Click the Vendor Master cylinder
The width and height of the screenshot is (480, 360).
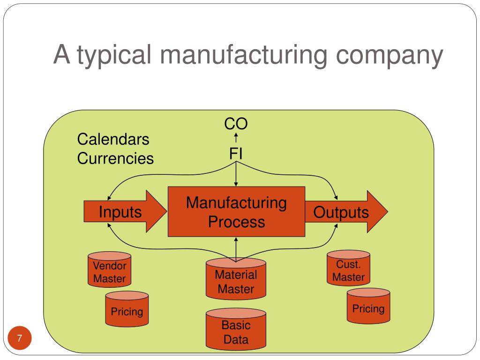[x=110, y=270]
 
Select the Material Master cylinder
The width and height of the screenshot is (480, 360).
[x=236, y=278]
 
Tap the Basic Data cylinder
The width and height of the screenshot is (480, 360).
[x=236, y=329]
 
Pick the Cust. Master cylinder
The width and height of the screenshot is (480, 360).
[x=348, y=268]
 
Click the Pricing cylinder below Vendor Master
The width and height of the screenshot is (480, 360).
[x=127, y=309]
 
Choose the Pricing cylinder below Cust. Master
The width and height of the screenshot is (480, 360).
[x=368, y=306]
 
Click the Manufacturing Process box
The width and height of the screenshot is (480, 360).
[x=236, y=211]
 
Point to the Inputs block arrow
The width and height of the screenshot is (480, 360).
[x=125, y=211]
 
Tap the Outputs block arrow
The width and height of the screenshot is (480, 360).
[x=346, y=211]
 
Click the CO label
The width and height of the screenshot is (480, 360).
[x=236, y=124]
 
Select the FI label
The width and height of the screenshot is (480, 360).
[x=236, y=153]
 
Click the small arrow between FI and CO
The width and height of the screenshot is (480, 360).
[x=236, y=138]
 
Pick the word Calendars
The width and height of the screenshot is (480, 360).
[x=113, y=139]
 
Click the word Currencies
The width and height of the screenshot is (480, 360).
[x=115, y=158]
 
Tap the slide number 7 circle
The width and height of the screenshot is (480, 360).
[x=20, y=338]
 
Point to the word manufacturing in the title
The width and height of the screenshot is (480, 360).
[x=244, y=55]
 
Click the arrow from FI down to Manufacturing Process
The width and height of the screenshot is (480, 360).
[x=236, y=174]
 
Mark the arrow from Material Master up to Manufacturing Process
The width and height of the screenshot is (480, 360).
[x=236, y=249]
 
